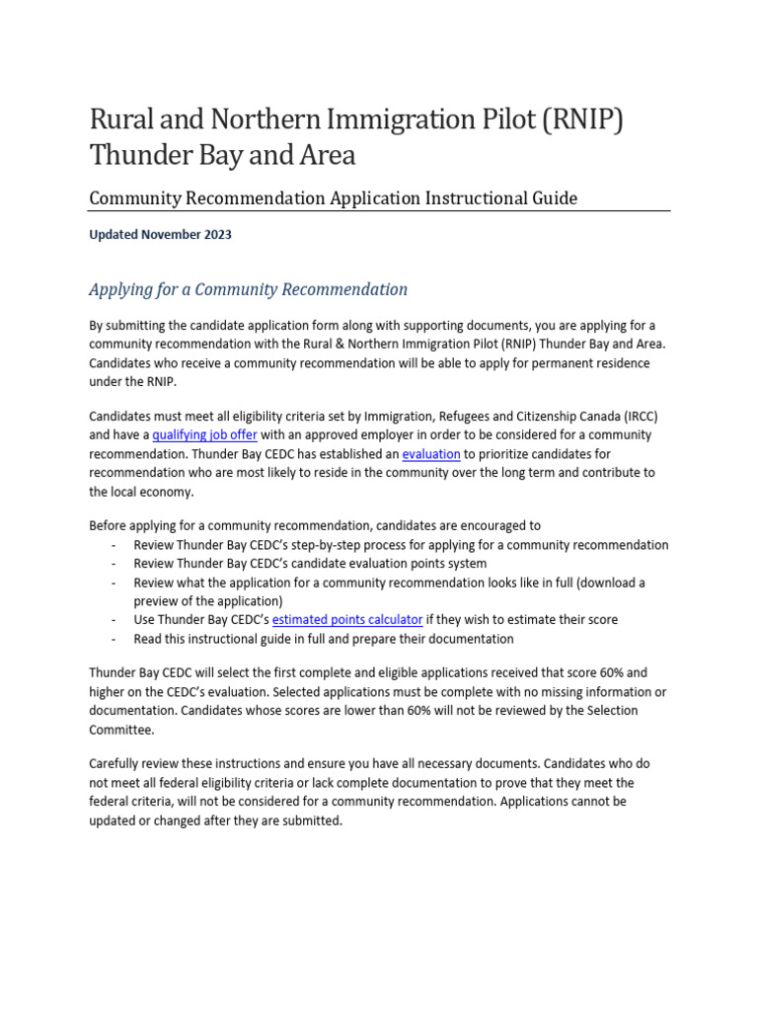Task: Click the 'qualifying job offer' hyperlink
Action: (205, 434)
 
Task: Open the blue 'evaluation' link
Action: (431, 454)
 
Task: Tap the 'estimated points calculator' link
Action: (347, 620)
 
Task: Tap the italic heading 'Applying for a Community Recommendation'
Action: (248, 289)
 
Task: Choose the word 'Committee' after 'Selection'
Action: (121, 730)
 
